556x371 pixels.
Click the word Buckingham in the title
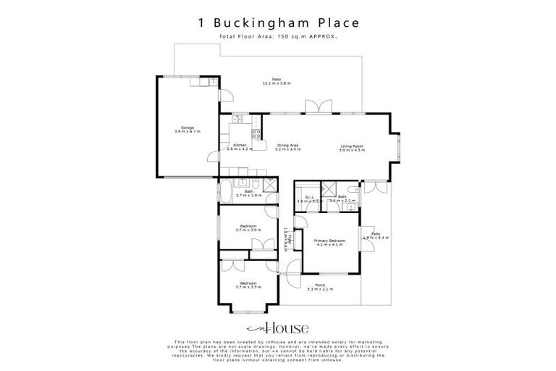(x=272, y=22)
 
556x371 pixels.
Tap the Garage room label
(x=186, y=130)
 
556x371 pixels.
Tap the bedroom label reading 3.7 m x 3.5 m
(x=248, y=285)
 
